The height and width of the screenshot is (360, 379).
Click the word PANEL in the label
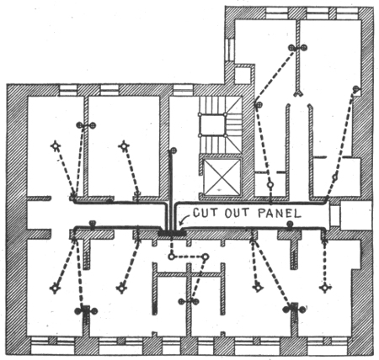[280, 214]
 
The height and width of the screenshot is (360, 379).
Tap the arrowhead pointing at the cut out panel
[179, 224]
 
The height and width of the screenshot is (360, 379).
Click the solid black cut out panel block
[172, 233]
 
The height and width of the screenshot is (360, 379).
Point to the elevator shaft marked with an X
[222, 177]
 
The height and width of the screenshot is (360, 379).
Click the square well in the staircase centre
[212, 125]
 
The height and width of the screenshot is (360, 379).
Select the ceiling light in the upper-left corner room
[56, 146]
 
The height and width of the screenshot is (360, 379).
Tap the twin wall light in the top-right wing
[297, 48]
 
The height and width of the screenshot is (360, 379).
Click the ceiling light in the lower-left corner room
[55, 289]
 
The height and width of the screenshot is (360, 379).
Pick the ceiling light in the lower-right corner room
[325, 288]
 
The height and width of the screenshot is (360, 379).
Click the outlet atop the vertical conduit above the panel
[173, 151]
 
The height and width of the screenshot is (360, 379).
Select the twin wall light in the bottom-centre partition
[189, 302]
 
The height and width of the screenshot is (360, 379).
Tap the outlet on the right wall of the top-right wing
[356, 90]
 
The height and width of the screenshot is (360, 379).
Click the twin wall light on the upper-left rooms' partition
[86, 125]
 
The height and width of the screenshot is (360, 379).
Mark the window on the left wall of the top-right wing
[230, 50]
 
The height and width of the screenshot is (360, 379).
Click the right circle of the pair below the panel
[206, 257]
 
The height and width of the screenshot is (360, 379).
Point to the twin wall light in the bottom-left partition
[86, 310]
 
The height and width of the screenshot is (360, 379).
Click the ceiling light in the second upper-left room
[124, 146]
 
